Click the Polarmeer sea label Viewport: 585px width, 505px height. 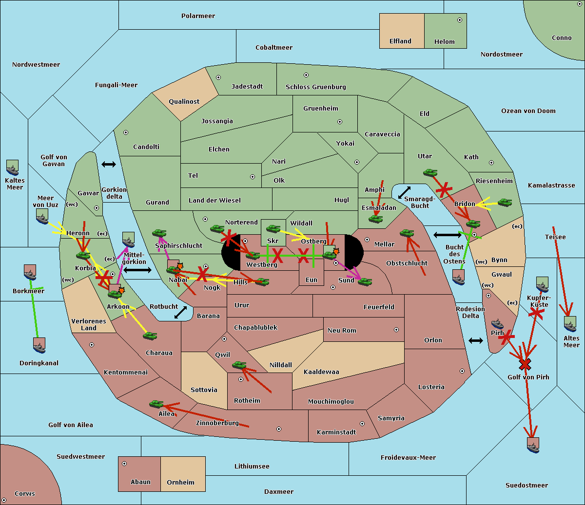198,16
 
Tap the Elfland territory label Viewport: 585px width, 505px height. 400,41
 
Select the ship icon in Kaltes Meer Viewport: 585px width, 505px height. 13,168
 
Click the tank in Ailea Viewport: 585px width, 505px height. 156,404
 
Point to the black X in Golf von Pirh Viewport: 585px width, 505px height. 525,364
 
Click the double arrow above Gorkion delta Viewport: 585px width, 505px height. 109,165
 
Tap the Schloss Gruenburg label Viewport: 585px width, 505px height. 315,87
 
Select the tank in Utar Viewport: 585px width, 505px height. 430,172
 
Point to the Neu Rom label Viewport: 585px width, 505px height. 342,331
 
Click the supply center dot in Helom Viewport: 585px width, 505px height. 459,20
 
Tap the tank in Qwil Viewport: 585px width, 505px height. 239,365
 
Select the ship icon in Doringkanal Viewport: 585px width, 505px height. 39,345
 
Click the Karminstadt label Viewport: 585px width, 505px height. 336,432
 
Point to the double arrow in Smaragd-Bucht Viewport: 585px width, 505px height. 404,192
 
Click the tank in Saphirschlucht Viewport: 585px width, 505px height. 159,233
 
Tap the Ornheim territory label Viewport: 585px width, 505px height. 180,483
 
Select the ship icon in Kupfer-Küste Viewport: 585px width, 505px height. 543,285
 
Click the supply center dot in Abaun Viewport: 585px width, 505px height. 124,464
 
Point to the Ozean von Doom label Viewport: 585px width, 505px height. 528,111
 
